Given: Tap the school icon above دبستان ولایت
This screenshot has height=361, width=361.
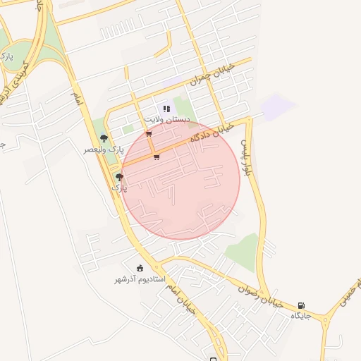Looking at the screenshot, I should [x=166, y=109].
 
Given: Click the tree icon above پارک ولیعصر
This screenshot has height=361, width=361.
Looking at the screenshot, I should [x=104, y=139].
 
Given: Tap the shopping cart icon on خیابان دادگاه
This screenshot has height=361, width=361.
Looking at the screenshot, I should [x=156, y=157].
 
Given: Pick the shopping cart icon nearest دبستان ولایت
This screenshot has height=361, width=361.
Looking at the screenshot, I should [x=148, y=133].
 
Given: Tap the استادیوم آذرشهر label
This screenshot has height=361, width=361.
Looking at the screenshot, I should [x=140, y=279].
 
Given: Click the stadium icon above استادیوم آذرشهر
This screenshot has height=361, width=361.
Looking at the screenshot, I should [x=140, y=268].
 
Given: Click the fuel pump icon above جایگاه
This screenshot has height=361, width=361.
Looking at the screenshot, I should [x=302, y=305].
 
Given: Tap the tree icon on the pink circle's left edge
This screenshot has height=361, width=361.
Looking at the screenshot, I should [x=119, y=177].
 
